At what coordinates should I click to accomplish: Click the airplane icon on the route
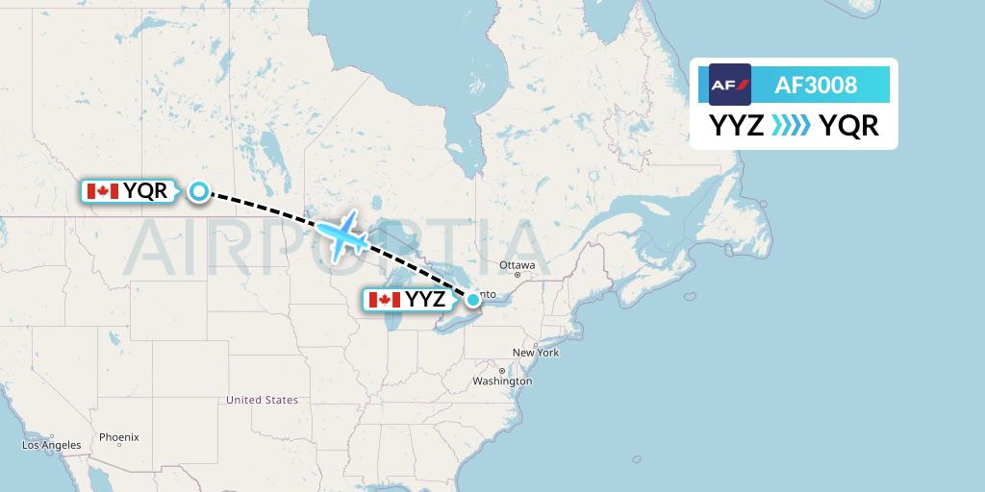[x=341, y=235]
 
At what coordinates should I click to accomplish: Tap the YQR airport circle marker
[x=198, y=191]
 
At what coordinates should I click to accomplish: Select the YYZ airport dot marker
[x=473, y=299]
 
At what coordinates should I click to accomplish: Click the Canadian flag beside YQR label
[x=103, y=191]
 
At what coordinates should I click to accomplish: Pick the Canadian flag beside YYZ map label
[x=385, y=300]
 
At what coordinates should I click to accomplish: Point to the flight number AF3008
[x=815, y=85]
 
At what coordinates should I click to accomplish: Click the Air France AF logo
[x=730, y=85]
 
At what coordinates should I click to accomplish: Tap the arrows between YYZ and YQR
[x=792, y=126]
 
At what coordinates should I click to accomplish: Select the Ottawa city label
[x=517, y=265]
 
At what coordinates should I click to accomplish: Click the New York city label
[x=536, y=353]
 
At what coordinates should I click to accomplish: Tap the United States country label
[x=262, y=400]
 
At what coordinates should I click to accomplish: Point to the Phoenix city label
[x=118, y=436]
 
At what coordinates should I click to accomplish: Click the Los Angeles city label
[x=52, y=446]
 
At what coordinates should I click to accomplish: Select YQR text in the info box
[x=848, y=126]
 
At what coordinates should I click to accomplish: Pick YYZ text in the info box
[x=737, y=126]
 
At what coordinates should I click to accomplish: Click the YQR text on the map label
[x=145, y=191]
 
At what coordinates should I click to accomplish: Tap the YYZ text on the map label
[x=425, y=300]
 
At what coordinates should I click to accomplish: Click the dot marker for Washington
[x=501, y=370]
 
